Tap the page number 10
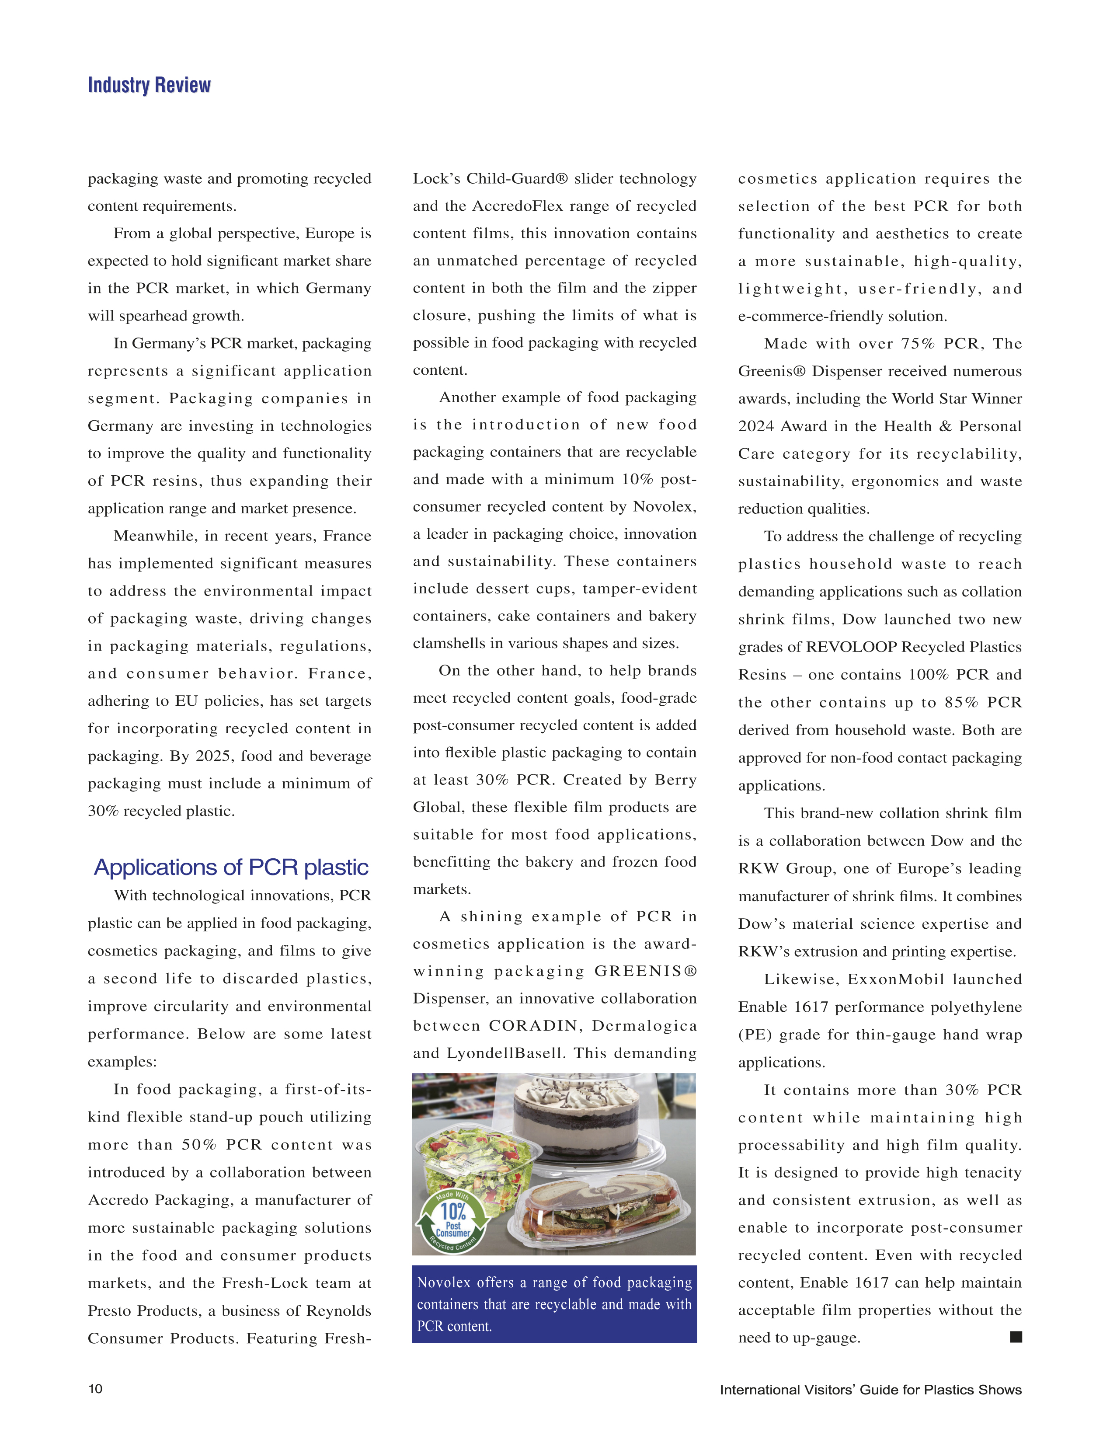[95, 1389]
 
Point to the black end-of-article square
[1016, 1336]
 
